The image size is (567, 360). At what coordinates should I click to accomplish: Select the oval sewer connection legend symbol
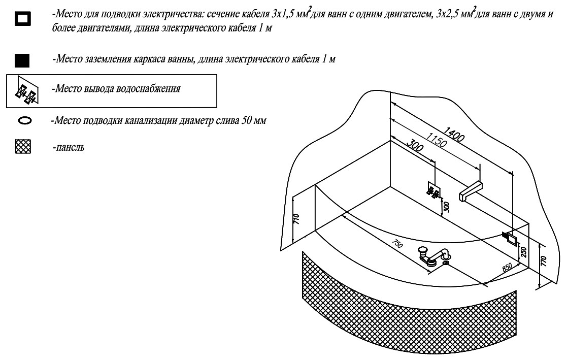(24, 121)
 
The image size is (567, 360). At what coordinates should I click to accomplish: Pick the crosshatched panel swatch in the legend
(24, 148)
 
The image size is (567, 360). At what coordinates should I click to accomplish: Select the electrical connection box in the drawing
(510, 238)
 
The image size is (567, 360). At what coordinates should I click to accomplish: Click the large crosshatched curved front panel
(406, 310)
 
